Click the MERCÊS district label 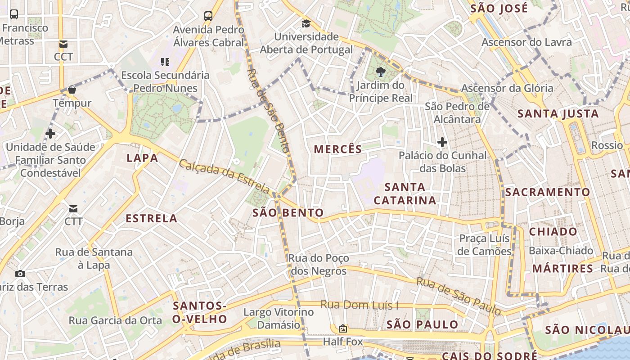337,149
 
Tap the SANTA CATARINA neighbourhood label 405,193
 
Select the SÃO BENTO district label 288,213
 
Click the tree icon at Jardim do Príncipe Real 380,72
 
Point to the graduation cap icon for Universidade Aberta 306,24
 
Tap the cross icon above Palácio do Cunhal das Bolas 442,143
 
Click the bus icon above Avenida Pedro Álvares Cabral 208,16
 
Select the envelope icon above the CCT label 63,44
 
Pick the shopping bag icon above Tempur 72,90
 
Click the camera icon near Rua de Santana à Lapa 20,274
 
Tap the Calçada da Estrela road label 224,176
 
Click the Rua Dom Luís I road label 359,305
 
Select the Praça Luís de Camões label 484,245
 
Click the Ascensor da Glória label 507,88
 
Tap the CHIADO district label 553,232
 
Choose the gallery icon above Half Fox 343,328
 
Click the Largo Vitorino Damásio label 279,318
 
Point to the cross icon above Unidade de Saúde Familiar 50,134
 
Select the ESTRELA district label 151,219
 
